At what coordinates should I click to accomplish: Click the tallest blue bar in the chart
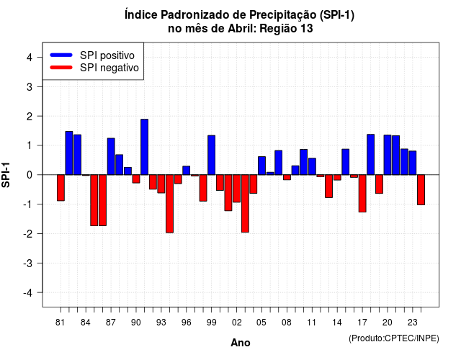click(144, 147)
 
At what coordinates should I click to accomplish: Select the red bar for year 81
click(61, 188)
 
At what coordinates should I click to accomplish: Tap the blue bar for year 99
click(211, 156)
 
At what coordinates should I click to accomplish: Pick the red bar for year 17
click(362, 194)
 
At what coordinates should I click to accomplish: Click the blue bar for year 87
click(111, 156)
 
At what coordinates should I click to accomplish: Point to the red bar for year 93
click(161, 184)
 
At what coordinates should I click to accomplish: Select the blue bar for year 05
click(261, 166)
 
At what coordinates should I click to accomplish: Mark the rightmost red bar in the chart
click(421, 190)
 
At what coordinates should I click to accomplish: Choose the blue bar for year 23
click(413, 163)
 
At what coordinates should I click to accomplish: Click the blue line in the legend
click(61, 55)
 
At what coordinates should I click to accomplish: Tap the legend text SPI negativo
click(109, 68)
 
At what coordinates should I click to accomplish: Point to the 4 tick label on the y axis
click(30, 58)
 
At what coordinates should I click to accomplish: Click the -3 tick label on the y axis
click(27, 263)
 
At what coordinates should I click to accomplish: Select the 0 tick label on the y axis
click(30, 175)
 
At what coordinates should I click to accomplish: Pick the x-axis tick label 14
click(337, 323)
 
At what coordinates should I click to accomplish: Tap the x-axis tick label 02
click(237, 323)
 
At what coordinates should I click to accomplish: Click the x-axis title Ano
click(241, 343)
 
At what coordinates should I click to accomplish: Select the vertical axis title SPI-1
click(6, 175)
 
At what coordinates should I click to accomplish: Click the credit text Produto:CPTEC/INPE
click(394, 338)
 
